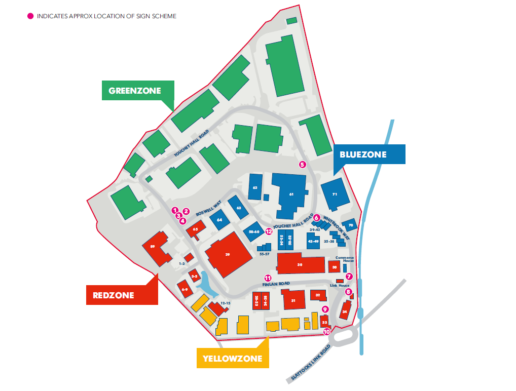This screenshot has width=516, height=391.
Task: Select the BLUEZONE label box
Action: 370,154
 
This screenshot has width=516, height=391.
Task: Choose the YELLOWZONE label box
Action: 232,358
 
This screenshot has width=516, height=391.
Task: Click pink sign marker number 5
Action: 303,164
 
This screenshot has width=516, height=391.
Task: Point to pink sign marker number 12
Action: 269,231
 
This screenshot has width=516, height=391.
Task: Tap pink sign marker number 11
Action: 268,278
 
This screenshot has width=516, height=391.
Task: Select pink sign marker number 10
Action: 327,332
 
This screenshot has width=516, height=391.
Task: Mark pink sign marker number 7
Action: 349,276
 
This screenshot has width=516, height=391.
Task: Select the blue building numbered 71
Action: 335,194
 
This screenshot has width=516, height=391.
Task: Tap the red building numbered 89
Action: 158,248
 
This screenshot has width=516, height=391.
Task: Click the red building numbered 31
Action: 293,300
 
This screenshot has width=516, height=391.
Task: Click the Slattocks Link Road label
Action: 311,363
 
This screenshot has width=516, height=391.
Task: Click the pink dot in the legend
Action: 30,16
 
